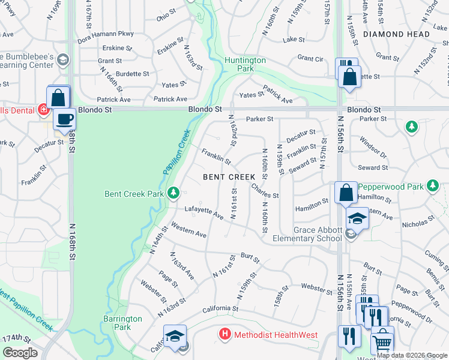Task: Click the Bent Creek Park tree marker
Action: pos(173,192)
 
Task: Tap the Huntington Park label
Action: pos(245,64)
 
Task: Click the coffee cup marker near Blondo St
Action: pos(64,118)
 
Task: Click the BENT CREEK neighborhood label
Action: pos(229,177)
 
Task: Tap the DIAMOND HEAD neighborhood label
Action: pos(396,34)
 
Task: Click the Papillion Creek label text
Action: pos(176,152)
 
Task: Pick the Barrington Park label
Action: pos(122,323)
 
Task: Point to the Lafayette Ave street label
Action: pos(203,211)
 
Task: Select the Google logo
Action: pos(20,353)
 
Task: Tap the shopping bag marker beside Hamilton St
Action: pos(346,193)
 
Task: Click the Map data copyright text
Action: pos(412,355)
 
